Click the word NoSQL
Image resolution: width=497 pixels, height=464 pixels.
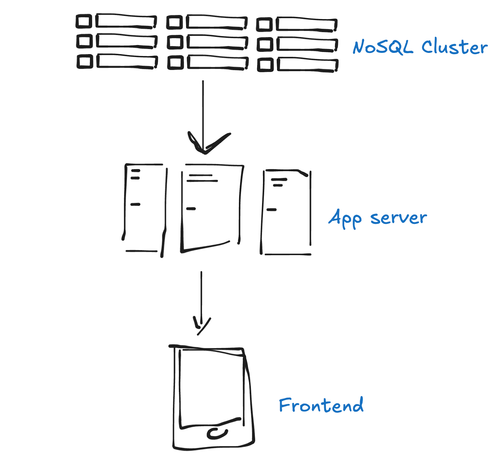[383, 48]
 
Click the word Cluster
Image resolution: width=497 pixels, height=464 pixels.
[454, 48]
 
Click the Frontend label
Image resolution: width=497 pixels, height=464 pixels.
[321, 405]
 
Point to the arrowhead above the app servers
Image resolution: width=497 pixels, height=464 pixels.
[205, 145]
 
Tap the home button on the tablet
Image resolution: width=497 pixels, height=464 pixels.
[217, 434]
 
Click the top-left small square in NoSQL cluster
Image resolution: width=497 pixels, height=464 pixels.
[84, 21]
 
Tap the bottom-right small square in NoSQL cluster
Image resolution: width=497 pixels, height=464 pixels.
[265, 65]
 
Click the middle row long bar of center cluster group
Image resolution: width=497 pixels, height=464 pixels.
[217, 42]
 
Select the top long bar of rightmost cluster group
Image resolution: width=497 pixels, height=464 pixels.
[306, 25]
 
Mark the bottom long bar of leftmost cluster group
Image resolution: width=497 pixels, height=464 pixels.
[126, 61]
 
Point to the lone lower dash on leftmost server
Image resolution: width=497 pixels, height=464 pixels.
[135, 204]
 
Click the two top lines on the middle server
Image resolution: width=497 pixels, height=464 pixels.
[202, 178]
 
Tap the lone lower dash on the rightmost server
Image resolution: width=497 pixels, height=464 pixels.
[271, 210]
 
